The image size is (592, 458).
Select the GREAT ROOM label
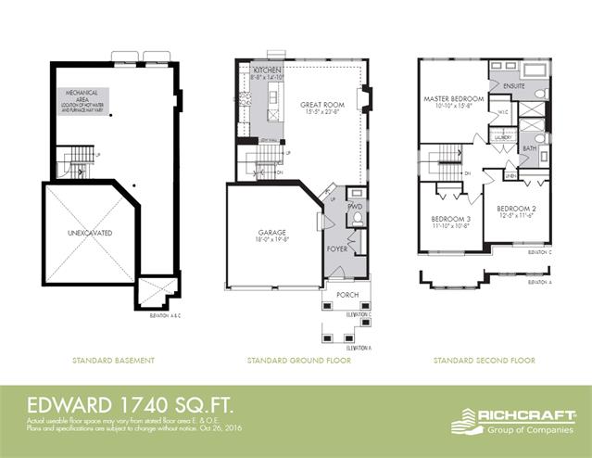322,105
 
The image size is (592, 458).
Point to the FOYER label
337,248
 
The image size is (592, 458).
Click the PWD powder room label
354,206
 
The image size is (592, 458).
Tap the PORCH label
347,296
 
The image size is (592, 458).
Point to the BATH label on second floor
529,147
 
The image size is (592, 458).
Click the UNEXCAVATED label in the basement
89,233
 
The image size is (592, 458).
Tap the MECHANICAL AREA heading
82,95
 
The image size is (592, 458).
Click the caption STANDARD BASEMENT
114,360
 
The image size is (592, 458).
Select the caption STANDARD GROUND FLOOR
298,360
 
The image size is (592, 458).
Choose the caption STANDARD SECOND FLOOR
483,360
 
